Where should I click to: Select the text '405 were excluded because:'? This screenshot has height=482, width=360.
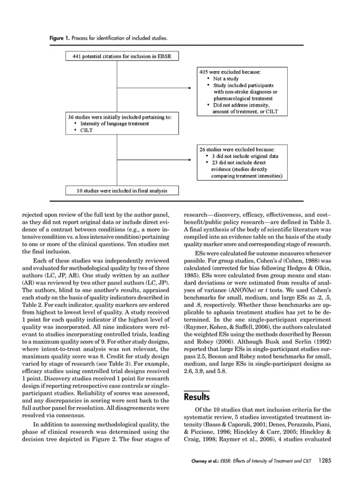(229, 72)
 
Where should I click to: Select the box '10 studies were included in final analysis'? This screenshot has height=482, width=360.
(121, 190)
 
